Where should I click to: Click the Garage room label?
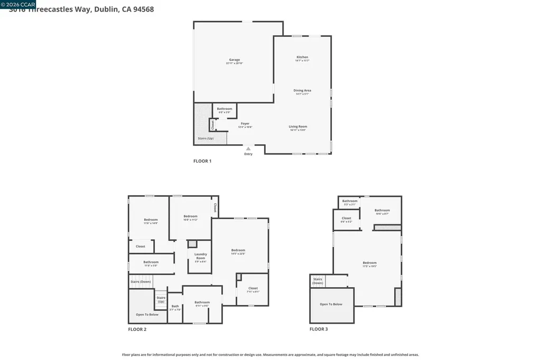tap(235, 60)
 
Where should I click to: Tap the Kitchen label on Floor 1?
tap(302, 57)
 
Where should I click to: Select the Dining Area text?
tap(302, 90)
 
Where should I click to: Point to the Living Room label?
tap(298, 127)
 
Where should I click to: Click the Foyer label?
tap(245, 124)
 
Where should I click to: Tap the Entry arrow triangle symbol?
tap(248, 149)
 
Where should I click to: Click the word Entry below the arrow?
tap(248, 154)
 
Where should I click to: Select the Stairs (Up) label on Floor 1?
tap(206, 138)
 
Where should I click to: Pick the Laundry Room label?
tap(200, 255)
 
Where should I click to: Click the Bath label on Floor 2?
tap(175, 306)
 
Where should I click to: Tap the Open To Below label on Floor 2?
tap(147, 315)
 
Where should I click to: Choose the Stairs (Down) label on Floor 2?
tap(141, 282)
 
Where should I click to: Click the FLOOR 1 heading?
tap(202, 161)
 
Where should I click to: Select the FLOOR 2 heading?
tap(137, 329)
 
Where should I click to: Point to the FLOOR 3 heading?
tap(319, 329)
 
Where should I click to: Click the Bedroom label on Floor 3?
tap(369, 263)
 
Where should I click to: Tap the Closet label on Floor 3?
tap(346, 218)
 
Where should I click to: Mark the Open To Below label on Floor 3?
tap(331, 304)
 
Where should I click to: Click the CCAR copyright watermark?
tap(18, 4)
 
